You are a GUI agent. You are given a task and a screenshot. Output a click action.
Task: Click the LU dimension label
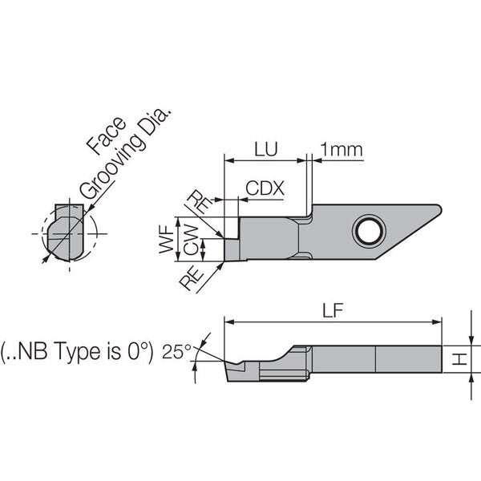tap(266, 149)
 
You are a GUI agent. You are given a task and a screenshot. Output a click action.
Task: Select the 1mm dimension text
tap(342, 149)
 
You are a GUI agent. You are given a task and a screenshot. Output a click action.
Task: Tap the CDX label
tap(265, 188)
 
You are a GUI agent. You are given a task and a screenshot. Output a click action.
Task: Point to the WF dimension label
tap(167, 239)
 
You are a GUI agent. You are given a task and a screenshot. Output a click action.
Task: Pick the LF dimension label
tap(333, 310)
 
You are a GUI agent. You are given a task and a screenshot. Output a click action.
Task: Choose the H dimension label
tap(459, 358)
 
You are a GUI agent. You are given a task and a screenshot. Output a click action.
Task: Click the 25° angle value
tap(176, 351)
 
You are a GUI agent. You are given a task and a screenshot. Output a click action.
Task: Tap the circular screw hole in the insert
tap(369, 232)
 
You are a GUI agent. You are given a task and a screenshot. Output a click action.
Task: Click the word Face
tap(106, 135)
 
